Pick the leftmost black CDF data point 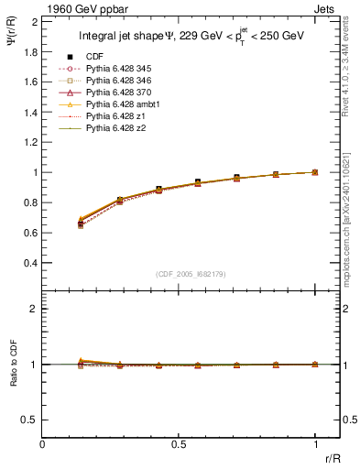coord(81,224)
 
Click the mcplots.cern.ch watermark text coord(349,229)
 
